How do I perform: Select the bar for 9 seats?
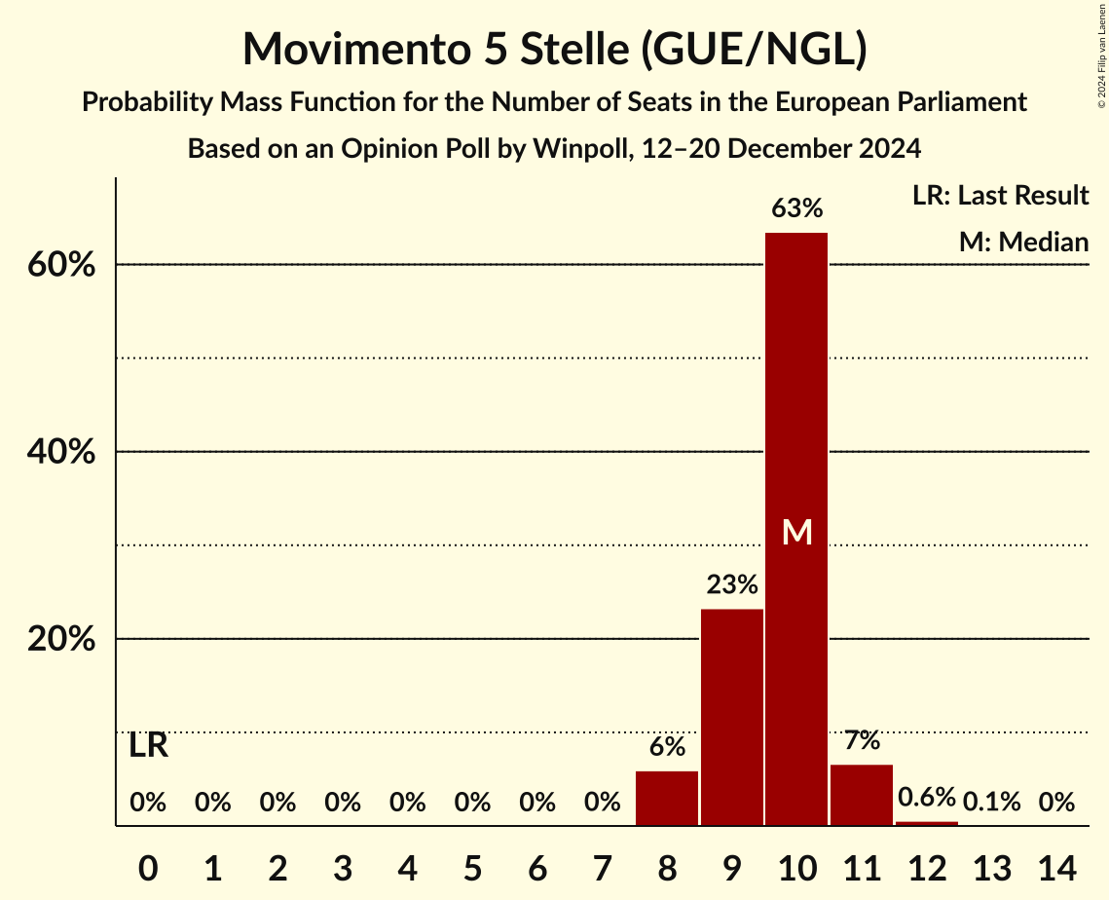coord(732,717)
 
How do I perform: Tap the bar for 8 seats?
coord(667,799)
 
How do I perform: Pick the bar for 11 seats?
coord(862,795)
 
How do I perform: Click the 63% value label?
coord(796,208)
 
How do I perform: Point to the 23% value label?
coord(732,584)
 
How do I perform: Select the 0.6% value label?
coord(926,798)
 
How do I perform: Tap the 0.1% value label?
coord(991,803)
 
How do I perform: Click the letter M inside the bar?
coord(797,532)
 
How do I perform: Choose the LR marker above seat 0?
coord(148,747)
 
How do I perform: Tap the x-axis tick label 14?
coord(1056,865)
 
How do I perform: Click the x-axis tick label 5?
coord(472,865)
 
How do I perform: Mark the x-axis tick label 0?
coord(148,865)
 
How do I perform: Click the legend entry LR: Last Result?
coord(1000,196)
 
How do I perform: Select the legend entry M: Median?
coord(1023,242)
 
